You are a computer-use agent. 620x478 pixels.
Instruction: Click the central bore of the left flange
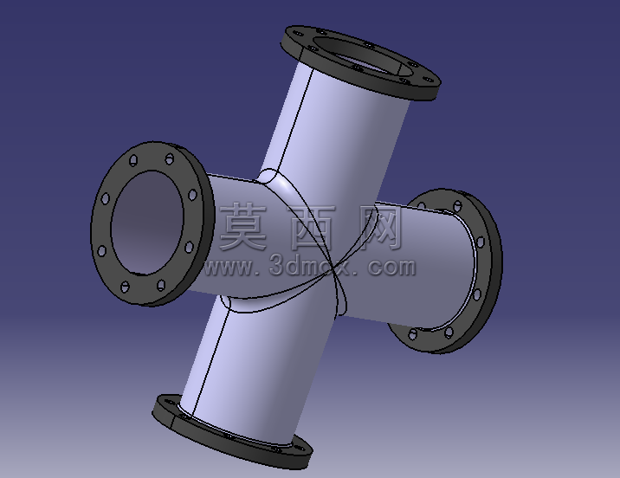coord(147,223)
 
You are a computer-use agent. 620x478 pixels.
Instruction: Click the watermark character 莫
coord(243,227)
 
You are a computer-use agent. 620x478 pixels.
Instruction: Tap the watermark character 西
coord(313,228)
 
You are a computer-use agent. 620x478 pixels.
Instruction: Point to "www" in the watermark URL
coord(229,268)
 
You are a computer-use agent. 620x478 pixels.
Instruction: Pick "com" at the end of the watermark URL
coord(392,268)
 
